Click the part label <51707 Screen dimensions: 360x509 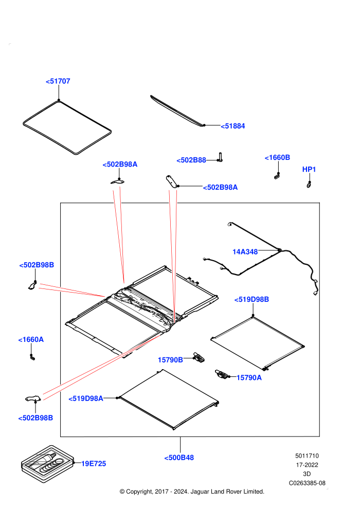[58, 81]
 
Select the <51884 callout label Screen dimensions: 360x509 [233, 126]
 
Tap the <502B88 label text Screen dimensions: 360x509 [191, 160]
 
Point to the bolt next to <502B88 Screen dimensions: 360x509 [220, 157]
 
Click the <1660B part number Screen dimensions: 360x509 [277, 157]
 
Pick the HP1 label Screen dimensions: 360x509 [309, 169]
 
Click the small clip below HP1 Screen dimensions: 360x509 [309, 185]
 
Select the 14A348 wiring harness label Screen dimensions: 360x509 [245, 251]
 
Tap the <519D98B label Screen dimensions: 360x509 [251, 299]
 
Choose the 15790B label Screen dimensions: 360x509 [170, 360]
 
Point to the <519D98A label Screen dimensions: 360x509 [86, 398]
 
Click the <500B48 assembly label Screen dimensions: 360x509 [179, 458]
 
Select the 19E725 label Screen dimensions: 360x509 [94, 464]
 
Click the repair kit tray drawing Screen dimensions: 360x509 [47, 464]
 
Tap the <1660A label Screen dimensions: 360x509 [31, 339]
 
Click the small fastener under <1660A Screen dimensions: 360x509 [32, 357]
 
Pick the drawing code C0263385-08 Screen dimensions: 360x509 [307, 483]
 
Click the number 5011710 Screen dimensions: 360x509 [307, 456]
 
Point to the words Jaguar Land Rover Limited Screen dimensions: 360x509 [227, 492]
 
